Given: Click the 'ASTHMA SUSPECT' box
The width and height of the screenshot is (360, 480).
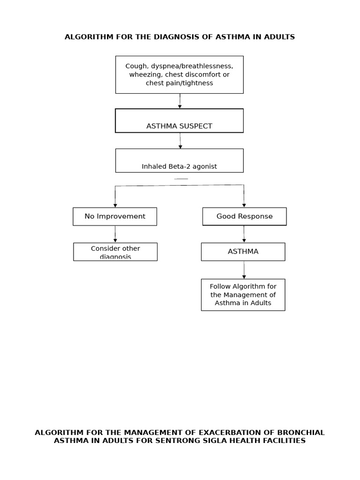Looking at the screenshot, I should point(179,121).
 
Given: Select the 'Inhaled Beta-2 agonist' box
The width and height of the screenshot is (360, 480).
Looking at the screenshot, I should point(179,161).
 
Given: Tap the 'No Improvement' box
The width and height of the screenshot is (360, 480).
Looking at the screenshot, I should point(115,217).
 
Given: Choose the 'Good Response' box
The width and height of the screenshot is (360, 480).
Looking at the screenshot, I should point(244,217).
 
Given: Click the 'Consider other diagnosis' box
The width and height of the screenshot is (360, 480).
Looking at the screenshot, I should point(115,252).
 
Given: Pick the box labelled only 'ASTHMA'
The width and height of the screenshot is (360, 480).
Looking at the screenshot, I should point(243,252).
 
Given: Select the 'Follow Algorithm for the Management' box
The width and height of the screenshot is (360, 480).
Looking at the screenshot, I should point(243,295).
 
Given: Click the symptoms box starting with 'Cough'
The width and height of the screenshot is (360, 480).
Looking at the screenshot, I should point(179,75).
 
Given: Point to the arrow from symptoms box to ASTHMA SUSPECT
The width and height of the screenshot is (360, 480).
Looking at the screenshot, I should point(180,101).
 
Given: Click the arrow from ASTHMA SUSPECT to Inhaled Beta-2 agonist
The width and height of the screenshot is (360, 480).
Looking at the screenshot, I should point(180,141).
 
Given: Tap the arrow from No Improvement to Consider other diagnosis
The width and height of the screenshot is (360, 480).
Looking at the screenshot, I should point(115,234).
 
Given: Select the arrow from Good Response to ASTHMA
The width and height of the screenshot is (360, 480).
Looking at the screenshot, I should point(244,234).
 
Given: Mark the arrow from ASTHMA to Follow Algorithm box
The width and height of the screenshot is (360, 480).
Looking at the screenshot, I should point(244,270).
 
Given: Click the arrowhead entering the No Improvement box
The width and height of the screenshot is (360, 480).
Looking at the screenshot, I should point(115,205).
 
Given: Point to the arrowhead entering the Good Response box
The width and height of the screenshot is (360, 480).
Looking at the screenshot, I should point(244,205).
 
